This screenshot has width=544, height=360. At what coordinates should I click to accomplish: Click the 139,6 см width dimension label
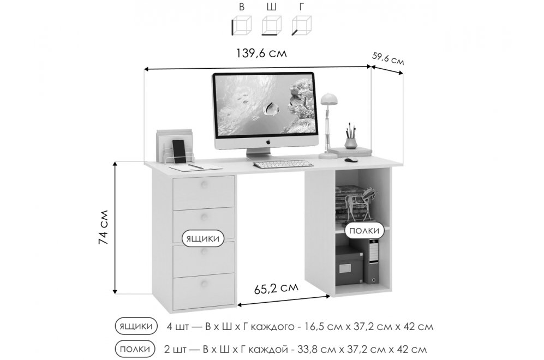[261, 53]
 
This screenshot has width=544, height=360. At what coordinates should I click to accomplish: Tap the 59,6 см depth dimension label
[388, 58]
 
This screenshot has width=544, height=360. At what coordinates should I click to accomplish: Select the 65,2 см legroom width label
[277, 287]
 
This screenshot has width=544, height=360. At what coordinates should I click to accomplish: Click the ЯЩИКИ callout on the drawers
[203, 238]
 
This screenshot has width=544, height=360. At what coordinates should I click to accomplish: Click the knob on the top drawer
[204, 184]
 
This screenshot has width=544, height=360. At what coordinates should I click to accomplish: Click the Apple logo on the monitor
[268, 141]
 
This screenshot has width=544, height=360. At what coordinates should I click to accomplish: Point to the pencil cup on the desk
[350, 142]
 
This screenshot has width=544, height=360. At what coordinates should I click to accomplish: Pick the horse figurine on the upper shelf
[362, 201]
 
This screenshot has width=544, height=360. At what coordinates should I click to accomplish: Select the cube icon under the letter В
[241, 25]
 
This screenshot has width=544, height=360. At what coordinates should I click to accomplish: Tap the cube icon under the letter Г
[301, 25]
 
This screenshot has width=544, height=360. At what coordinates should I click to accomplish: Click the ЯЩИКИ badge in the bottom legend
[135, 326]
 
